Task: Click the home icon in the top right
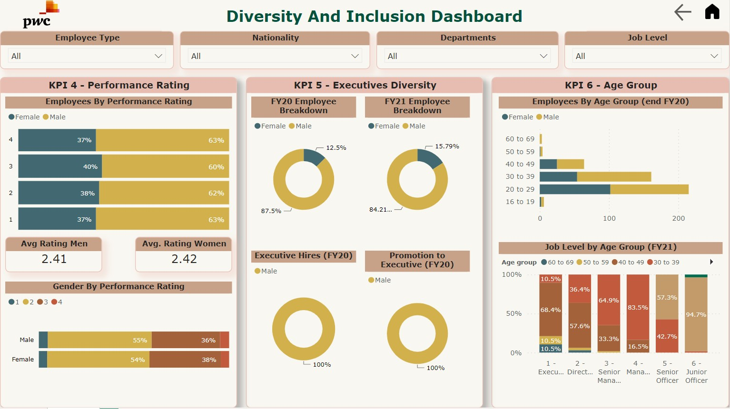pyautogui.click(x=712, y=11)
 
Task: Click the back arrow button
pyautogui.click(x=683, y=12)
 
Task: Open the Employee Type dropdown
pyautogui.click(x=87, y=56)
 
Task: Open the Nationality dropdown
pyautogui.click(x=275, y=56)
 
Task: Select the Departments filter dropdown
pyautogui.click(x=467, y=56)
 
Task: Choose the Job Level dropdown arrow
pyautogui.click(x=714, y=56)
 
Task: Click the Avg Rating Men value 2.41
pyautogui.click(x=54, y=259)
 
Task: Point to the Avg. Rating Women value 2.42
pyautogui.click(x=184, y=259)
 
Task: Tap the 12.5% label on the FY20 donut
pyautogui.click(x=336, y=148)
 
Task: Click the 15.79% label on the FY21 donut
pyautogui.click(x=447, y=146)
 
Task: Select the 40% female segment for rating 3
pyautogui.click(x=60, y=166)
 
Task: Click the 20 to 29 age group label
pyautogui.click(x=520, y=189)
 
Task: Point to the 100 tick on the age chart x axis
pyautogui.click(x=609, y=218)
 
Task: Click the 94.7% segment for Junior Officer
pyautogui.click(x=696, y=314)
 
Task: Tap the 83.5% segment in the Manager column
pyautogui.click(x=638, y=307)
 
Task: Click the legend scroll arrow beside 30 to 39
pyautogui.click(x=711, y=262)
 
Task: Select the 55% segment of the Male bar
pyautogui.click(x=99, y=340)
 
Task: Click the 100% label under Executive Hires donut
pyautogui.click(x=322, y=365)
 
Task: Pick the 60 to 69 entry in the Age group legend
pyautogui.click(x=557, y=263)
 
